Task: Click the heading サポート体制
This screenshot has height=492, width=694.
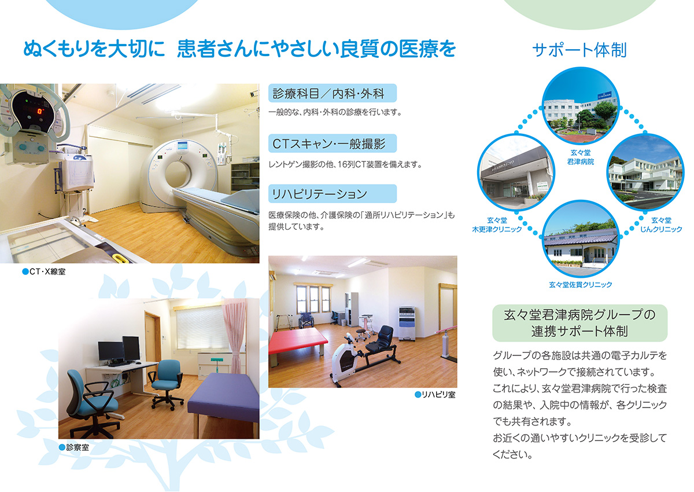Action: [579, 50]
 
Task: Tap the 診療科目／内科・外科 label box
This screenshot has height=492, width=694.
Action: [333, 93]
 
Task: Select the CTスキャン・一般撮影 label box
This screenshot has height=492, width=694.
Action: [333, 143]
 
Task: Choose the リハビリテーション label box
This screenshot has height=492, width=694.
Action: [333, 194]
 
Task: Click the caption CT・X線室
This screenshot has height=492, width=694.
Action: [44, 271]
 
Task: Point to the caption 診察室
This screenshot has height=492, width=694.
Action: [74, 447]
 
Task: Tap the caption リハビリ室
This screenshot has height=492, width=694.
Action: [435, 395]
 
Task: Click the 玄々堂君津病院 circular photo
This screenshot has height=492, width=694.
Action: [580, 106]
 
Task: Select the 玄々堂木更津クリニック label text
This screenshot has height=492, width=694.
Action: [497, 225]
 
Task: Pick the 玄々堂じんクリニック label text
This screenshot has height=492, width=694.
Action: [661, 225]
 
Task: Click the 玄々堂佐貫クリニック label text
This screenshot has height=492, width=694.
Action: [580, 285]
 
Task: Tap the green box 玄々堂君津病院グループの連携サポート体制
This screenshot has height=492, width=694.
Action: [579, 323]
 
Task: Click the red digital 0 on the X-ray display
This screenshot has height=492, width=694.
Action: [40, 111]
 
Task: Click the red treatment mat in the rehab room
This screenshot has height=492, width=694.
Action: [297, 340]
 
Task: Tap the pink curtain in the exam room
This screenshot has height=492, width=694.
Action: [235, 335]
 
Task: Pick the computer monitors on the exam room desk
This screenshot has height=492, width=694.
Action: [119, 350]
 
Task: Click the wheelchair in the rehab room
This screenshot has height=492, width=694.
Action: [306, 320]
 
